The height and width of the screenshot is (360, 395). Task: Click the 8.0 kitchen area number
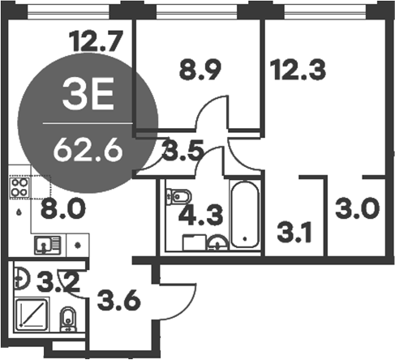[x=62, y=211]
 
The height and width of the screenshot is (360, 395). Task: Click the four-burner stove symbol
[x=19, y=188]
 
